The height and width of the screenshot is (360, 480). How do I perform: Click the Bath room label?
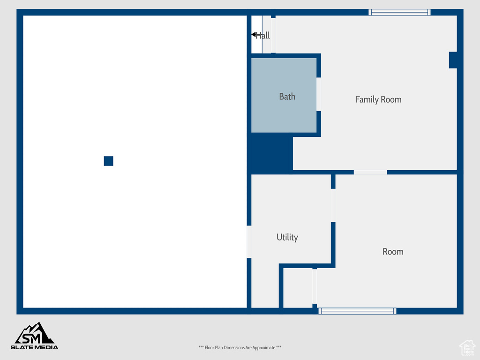pos(287,97)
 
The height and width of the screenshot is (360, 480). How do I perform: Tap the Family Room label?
pos(378,99)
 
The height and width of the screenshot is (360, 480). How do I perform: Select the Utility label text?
pos(287,237)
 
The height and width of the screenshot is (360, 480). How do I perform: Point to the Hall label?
pos(262,36)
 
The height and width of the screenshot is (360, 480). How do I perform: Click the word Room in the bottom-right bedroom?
pos(393,252)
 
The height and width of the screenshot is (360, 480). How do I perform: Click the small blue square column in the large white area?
pos(108,161)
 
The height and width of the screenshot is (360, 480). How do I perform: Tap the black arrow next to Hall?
pos(254,34)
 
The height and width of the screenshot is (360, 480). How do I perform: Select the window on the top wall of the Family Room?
pos(399,12)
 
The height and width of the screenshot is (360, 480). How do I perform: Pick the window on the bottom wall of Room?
pos(357,311)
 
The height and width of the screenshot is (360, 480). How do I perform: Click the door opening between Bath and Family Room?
pos(319,94)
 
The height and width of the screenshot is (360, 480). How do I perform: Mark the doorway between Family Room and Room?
pos(370,172)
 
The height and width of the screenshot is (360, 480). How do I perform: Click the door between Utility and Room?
pos(333,205)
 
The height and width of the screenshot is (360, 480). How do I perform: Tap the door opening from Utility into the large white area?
pos(249,242)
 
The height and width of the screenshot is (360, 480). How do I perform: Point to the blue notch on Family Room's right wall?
pos(453,60)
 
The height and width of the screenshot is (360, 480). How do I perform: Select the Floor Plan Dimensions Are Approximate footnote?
pos(240,347)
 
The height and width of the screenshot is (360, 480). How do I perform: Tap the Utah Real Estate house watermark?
pos(467,348)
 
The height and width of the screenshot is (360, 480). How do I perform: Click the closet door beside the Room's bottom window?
pos(315,286)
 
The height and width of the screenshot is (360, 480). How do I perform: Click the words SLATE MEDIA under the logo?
pos(34,347)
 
